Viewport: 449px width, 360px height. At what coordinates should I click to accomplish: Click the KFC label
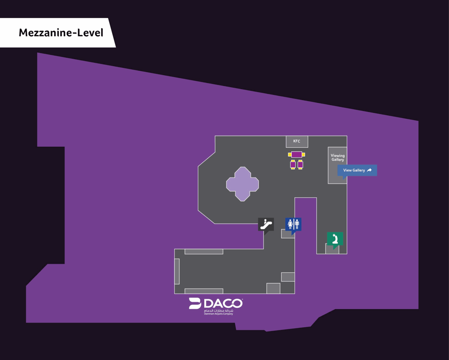click(x=296, y=141)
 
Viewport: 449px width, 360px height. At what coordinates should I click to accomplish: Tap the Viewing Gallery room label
click(x=338, y=158)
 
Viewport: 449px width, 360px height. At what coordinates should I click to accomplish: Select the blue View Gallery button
click(x=357, y=170)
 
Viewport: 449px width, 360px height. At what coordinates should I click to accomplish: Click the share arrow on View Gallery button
click(x=369, y=170)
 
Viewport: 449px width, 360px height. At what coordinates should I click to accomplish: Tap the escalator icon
click(x=266, y=225)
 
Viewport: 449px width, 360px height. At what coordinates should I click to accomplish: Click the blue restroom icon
click(x=293, y=224)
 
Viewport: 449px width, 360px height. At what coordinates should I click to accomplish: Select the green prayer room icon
click(x=335, y=239)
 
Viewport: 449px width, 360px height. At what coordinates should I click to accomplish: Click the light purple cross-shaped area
click(x=242, y=184)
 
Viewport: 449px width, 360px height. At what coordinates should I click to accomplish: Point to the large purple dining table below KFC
click(x=296, y=155)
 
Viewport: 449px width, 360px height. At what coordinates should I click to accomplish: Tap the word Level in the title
click(x=90, y=33)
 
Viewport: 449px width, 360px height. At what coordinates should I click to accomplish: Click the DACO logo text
click(x=223, y=303)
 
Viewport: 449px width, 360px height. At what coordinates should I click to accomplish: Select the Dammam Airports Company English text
click(x=218, y=314)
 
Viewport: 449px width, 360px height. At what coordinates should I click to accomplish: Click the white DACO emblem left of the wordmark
click(x=195, y=303)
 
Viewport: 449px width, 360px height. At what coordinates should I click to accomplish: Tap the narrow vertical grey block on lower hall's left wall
click(x=177, y=271)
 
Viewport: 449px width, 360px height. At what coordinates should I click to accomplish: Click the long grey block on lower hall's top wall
click(x=204, y=251)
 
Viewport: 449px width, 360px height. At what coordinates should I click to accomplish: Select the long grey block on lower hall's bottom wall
click(x=204, y=291)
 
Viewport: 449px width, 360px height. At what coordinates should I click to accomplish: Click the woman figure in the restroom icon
click(x=290, y=224)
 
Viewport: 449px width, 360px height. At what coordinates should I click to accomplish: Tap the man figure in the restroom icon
click(x=297, y=224)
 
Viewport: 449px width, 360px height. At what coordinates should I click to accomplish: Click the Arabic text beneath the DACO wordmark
click(x=219, y=311)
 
